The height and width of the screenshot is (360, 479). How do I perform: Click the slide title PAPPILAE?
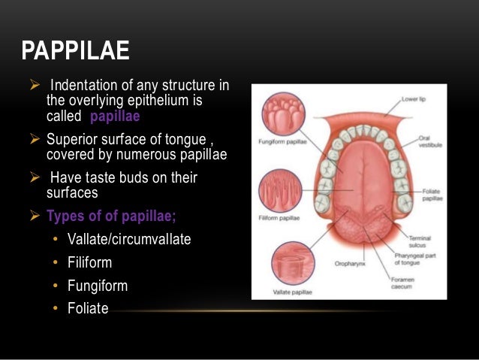(75, 51)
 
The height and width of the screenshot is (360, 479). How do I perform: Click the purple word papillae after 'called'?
(115, 117)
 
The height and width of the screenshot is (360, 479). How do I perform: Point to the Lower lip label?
(414, 98)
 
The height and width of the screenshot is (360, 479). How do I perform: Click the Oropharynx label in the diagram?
(349, 264)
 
